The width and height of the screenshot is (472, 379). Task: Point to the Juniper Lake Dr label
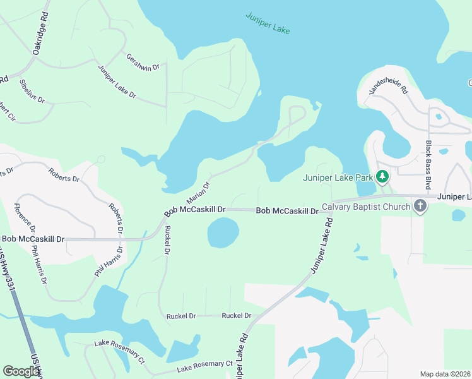point(117,81)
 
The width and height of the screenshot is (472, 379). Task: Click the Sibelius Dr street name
point(32,90)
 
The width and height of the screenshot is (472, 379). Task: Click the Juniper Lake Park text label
point(338,177)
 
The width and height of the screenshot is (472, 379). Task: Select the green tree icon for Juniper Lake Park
point(382,177)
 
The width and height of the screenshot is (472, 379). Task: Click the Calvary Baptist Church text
point(366,206)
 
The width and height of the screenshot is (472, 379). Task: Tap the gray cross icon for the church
point(420,206)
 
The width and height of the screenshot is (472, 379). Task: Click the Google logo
point(21,371)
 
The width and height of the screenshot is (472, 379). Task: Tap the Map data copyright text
point(445,374)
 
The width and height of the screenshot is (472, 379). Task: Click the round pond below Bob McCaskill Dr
point(223,233)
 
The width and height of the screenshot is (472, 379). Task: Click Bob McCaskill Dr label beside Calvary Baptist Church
point(287,210)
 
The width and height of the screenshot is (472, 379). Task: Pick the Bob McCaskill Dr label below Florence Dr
point(33,239)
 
